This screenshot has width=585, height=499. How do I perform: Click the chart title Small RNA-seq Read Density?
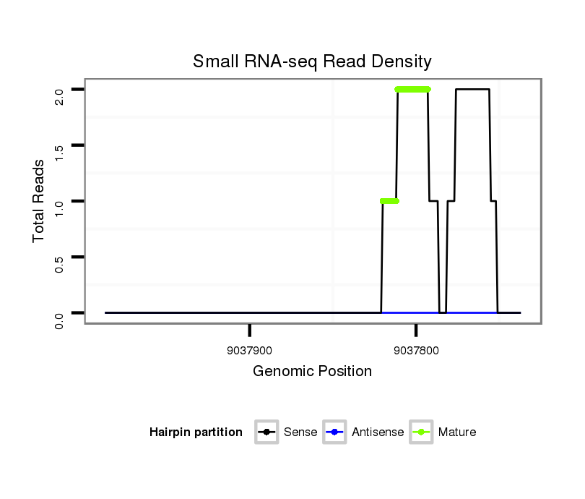coord(312,61)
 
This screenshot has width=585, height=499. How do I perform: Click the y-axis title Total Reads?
coord(39,201)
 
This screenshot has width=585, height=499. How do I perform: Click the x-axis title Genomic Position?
coord(312,372)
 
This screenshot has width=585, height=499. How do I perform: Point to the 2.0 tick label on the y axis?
coord(59,95)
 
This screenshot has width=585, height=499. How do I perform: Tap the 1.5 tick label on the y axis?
coord(59,151)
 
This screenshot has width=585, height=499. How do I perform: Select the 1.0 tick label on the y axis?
coord(59,207)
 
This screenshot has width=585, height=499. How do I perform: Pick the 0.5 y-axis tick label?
coord(59,263)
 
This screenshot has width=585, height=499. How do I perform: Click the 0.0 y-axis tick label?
coord(59,319)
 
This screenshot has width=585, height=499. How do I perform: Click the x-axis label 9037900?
coord(249,351)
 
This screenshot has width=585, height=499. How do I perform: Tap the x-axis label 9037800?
coord(416,351)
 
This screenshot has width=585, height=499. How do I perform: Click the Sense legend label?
coord(300,432)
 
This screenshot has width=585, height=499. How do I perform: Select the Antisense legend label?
coord(378,432)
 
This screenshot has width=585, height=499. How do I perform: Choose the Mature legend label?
coord(456,432)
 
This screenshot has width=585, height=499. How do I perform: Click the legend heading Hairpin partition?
coord(196,432)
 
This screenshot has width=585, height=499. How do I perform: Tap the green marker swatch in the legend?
coord(421,432)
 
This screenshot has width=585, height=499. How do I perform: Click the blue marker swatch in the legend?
coord(335,432)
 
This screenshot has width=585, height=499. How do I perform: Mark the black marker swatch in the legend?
coord(266,432)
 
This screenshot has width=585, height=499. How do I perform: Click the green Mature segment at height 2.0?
coord(412,90)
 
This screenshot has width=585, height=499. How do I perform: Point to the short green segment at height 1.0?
coord(389,201)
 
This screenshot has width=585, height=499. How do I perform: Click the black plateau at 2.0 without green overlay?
coord(472,90)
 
